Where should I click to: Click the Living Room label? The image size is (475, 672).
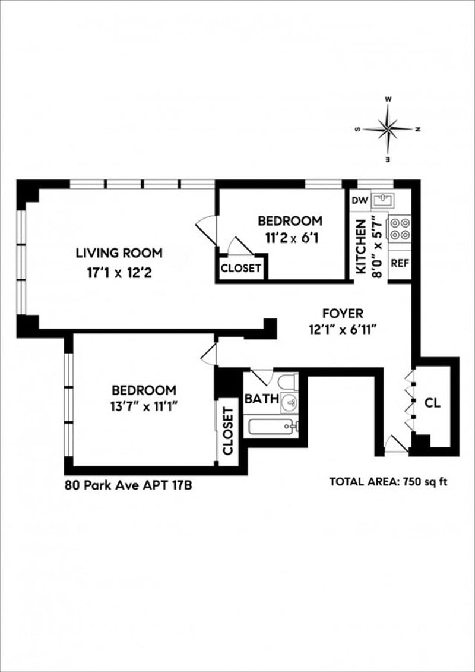point(119,253)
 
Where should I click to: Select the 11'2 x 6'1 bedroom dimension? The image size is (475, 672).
point(290,242)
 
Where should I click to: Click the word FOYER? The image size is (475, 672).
point(343,313)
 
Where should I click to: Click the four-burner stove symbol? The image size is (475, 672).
point(400,229)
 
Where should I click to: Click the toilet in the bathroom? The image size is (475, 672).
point(289,381)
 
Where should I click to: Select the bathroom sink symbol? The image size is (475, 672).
point(289,403)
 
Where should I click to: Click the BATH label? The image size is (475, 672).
point(261,399)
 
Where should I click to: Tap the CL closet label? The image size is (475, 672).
point(433,403)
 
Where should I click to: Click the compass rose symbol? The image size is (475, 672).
point(388,128)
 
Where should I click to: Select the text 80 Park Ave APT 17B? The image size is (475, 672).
point(128,485)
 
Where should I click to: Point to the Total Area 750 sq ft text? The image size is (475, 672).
point(388,482)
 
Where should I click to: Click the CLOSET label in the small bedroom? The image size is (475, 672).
point(241,268)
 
